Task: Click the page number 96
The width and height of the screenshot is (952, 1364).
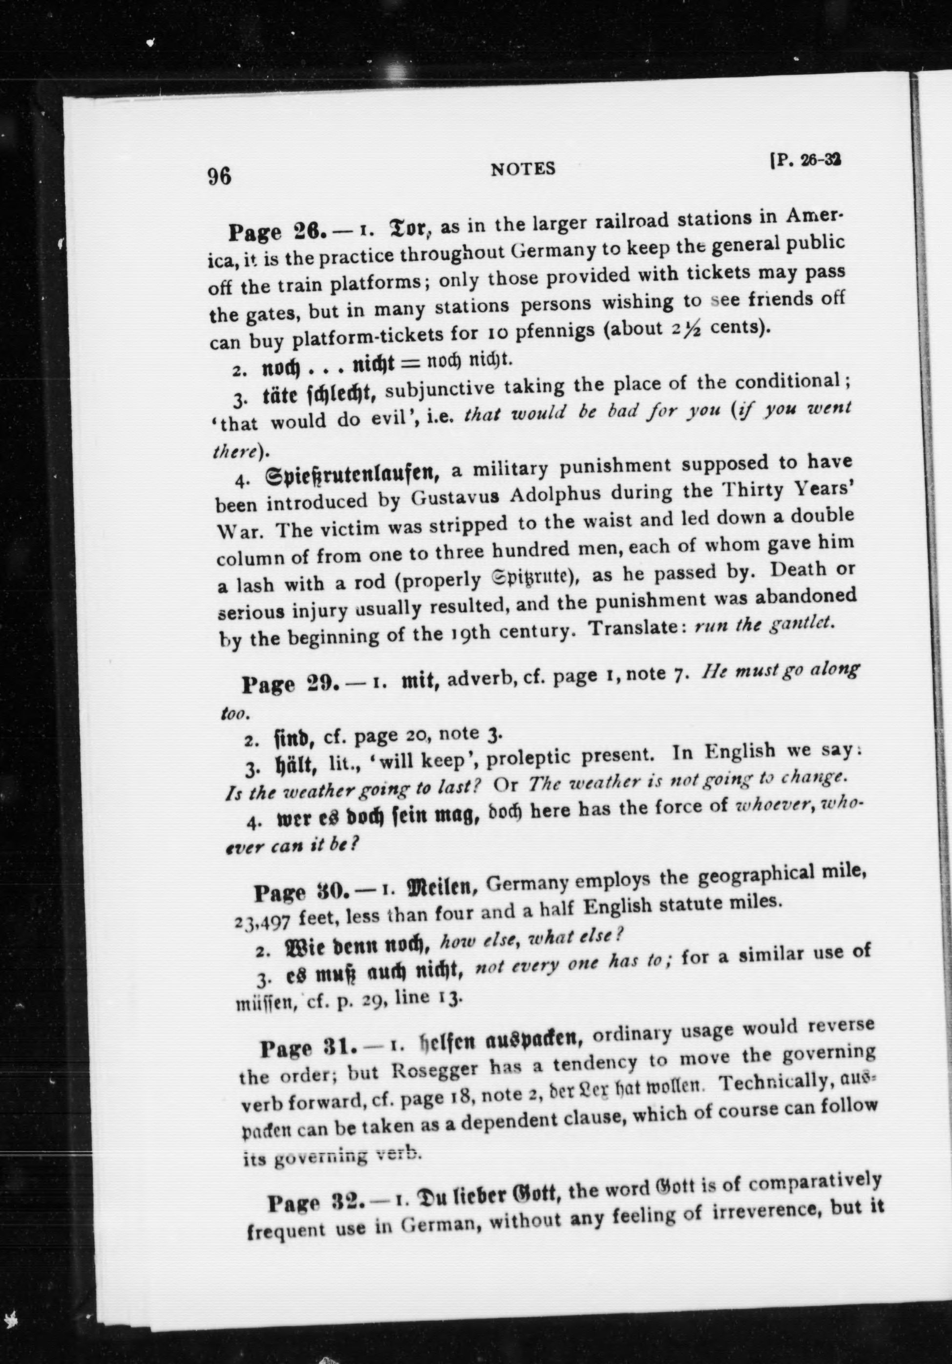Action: click(x=219, y=177)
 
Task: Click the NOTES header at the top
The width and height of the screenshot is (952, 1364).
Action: click(x=523, y=170)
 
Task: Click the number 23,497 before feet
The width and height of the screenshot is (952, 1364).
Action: click(x=262, y=922)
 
